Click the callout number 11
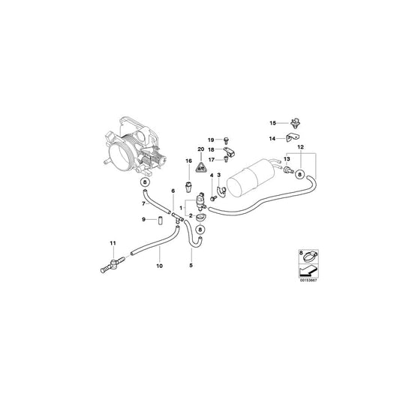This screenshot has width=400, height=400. pos(113,242)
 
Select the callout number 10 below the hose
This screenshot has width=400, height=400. pos(158,266)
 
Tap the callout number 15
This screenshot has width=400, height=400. pos(274,122)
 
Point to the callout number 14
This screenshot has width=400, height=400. pos(274,138)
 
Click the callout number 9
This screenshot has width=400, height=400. pos(144,219)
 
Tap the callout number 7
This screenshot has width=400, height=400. pos(144,203)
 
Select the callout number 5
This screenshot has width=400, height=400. pos(191,266)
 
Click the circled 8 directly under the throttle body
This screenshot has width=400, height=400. pos(144,183)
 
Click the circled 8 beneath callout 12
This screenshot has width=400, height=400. pos(300,175)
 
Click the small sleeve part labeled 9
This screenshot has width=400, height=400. pos(159,220)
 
